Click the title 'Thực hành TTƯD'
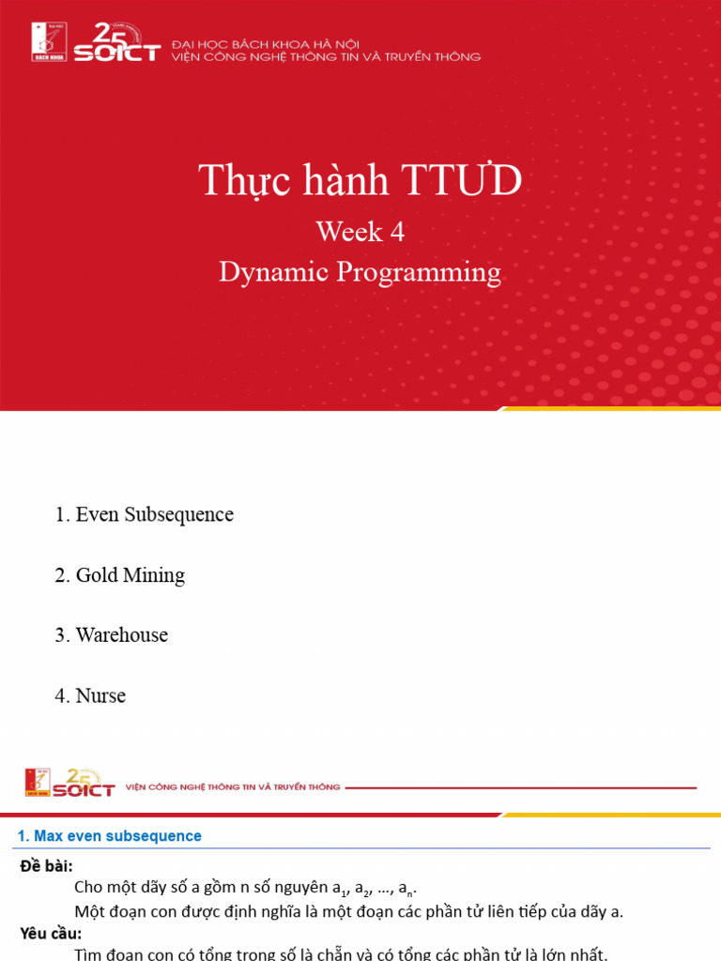pos(360,180)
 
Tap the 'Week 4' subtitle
pos(360,231)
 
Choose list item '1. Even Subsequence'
pos(144,514)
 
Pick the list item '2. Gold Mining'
pos(119,575)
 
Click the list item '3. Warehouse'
pos(111,635)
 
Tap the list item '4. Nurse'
pos(89,696)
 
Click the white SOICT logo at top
pos(116,44)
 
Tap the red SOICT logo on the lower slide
pos(83,784)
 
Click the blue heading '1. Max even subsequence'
pos(110,836)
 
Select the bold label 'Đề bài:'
pos(46,864)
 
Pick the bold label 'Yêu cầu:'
pos(51,933)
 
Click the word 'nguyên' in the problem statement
pos(302,888)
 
